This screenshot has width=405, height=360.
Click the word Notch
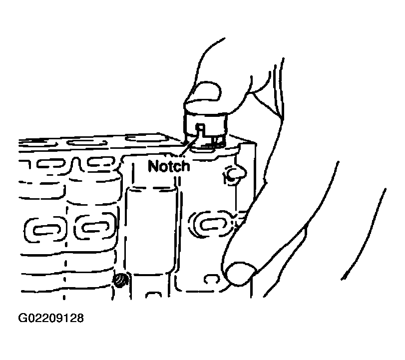169,166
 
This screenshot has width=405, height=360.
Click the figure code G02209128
51,318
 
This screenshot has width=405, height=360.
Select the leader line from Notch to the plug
189,146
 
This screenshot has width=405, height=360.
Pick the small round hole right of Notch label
234,174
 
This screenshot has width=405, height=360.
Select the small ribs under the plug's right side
218,141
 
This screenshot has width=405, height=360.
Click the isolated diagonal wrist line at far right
364,234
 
